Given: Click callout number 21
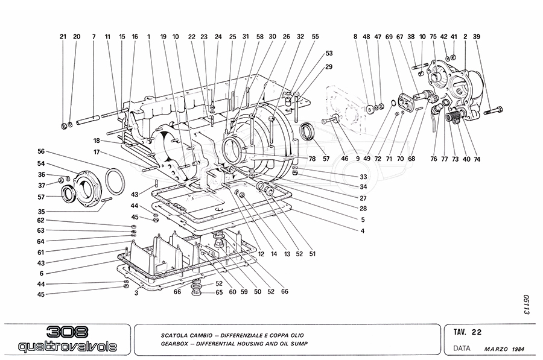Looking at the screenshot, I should click(62, 37).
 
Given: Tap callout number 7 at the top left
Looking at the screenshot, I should click(94, 37).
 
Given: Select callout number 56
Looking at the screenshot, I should click(41, 151).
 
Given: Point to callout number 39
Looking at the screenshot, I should click(477, 37).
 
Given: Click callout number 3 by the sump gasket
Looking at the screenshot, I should click(136, 293).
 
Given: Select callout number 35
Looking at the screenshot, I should click(41, 212).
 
